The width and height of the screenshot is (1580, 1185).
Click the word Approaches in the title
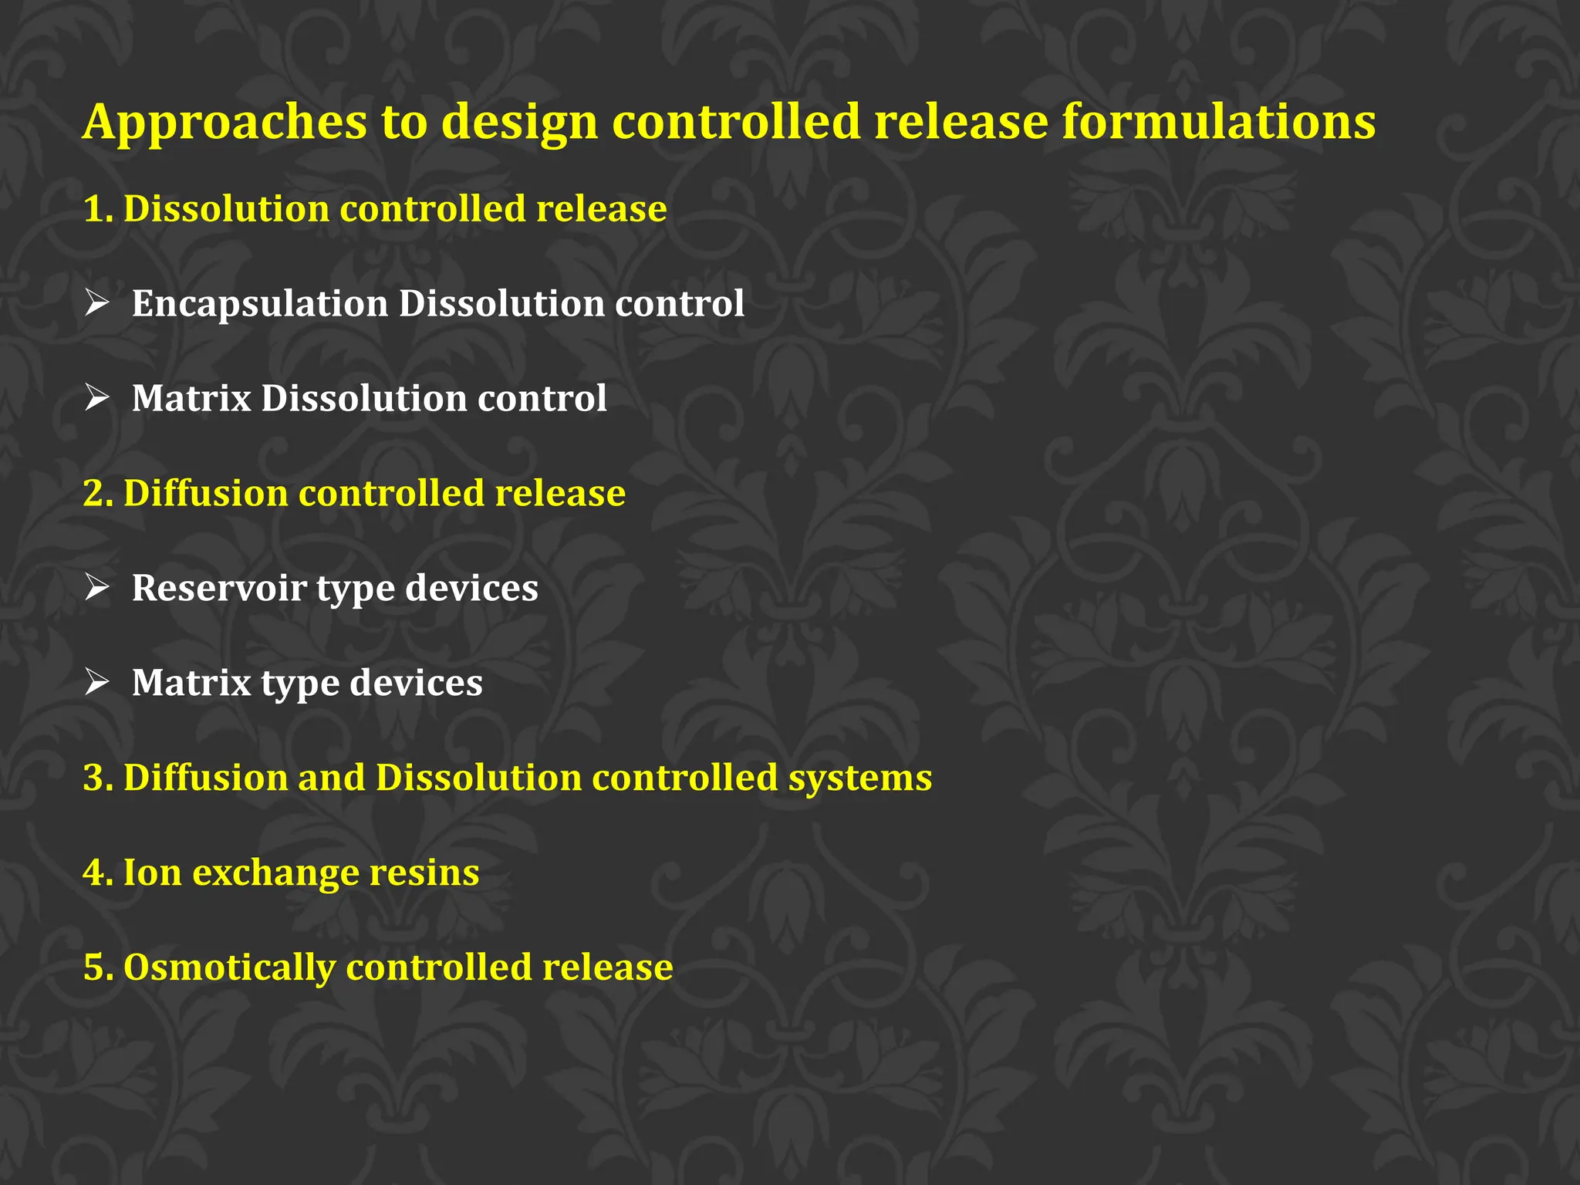tap(225, 123)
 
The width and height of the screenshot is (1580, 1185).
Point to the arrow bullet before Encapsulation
tap(97, 303)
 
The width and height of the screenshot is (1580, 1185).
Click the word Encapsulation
tap(259, 304)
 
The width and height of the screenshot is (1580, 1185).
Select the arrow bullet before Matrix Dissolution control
tap(97, 398)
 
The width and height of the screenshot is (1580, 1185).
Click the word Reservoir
tap(219, 588)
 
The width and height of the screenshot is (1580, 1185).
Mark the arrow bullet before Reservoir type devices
tap(97, 588)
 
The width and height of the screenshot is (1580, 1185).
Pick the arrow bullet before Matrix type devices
tap(97, 683)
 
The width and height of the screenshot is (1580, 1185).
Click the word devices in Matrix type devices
tap(416, 684)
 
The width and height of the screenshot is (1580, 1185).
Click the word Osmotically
tap(229, 968)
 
